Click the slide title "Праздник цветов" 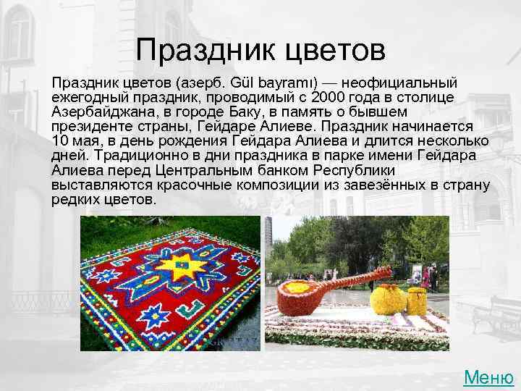[x=260, y=51]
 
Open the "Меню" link [x=488, y=377]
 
